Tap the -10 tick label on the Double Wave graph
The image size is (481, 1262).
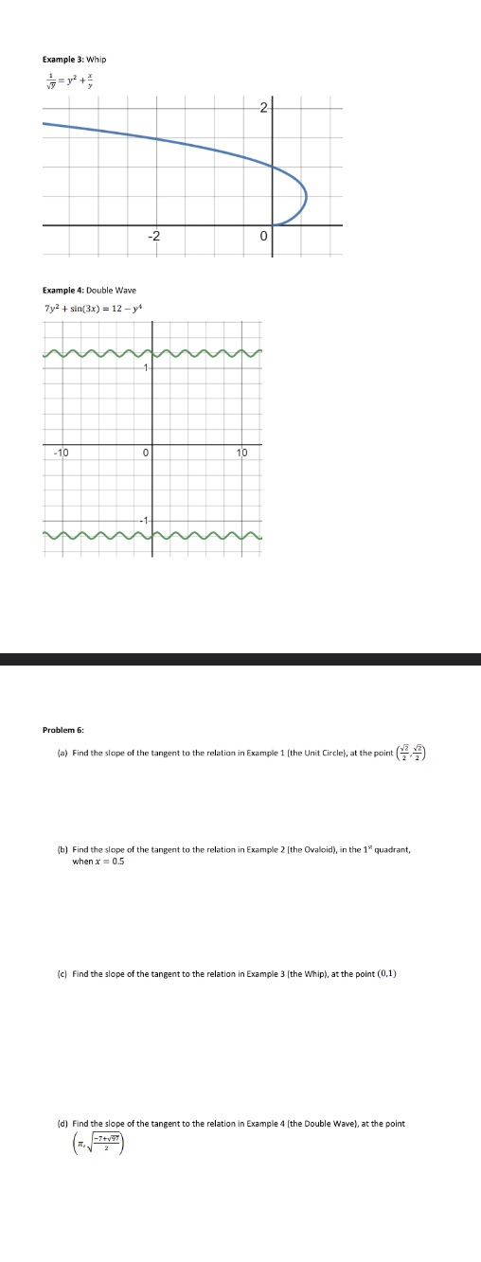pyautogui.click(x=60, y=453)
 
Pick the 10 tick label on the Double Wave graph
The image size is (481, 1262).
pyautogui.click(x=241, y=453)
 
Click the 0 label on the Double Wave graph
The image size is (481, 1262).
pyautogui.click(x=145, y=453)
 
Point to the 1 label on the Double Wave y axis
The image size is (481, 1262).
pyautogui.click(x=146, y=367)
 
